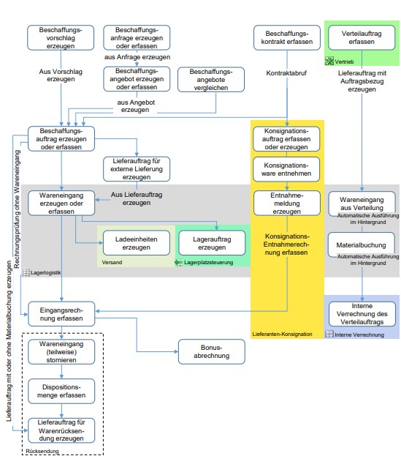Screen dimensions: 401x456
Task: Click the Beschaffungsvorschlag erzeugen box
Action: tap(61, 37)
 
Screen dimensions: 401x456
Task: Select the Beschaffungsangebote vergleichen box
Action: tap(211, 79)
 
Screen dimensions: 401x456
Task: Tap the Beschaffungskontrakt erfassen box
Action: tap(287, 37)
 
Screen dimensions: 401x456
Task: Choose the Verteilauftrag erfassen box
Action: tap(362, 37)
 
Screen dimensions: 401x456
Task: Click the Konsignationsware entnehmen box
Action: tap(286, 169)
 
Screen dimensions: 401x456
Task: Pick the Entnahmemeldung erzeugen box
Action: tap(287, 203)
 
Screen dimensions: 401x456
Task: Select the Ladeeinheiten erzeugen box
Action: tap(137, 243)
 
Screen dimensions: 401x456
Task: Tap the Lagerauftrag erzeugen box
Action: tap(212, 243)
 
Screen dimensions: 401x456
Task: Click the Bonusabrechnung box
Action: tap(212, 351)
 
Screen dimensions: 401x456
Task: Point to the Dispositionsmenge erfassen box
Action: tap(61, 391)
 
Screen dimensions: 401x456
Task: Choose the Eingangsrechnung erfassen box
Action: tap(61, 314)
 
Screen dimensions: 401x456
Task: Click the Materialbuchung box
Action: tap(362, 244)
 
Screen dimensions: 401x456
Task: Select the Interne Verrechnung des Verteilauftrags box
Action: tap(362, 314)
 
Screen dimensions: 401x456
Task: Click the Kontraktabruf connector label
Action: tap(286, 73)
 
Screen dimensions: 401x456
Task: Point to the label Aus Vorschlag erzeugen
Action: tap(61, 75)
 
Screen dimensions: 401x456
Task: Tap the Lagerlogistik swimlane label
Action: tap(45, 272)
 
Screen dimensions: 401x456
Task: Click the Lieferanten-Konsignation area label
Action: tap(282, 334)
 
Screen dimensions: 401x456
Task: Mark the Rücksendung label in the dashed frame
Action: tap(42, 451)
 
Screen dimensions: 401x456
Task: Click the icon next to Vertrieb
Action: tap(329, 61)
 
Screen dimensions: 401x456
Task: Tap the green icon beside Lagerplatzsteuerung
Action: tap(178, 262)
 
